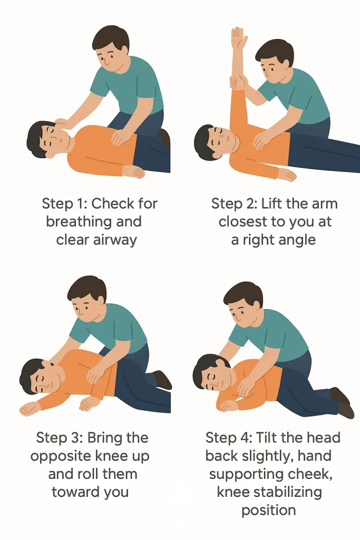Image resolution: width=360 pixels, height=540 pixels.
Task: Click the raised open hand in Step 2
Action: point(239,40)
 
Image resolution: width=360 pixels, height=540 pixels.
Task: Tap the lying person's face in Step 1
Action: point(54,138)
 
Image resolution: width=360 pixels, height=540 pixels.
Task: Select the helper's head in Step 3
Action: point(87,295)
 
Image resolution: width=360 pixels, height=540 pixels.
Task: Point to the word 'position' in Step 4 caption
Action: point(268,510)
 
